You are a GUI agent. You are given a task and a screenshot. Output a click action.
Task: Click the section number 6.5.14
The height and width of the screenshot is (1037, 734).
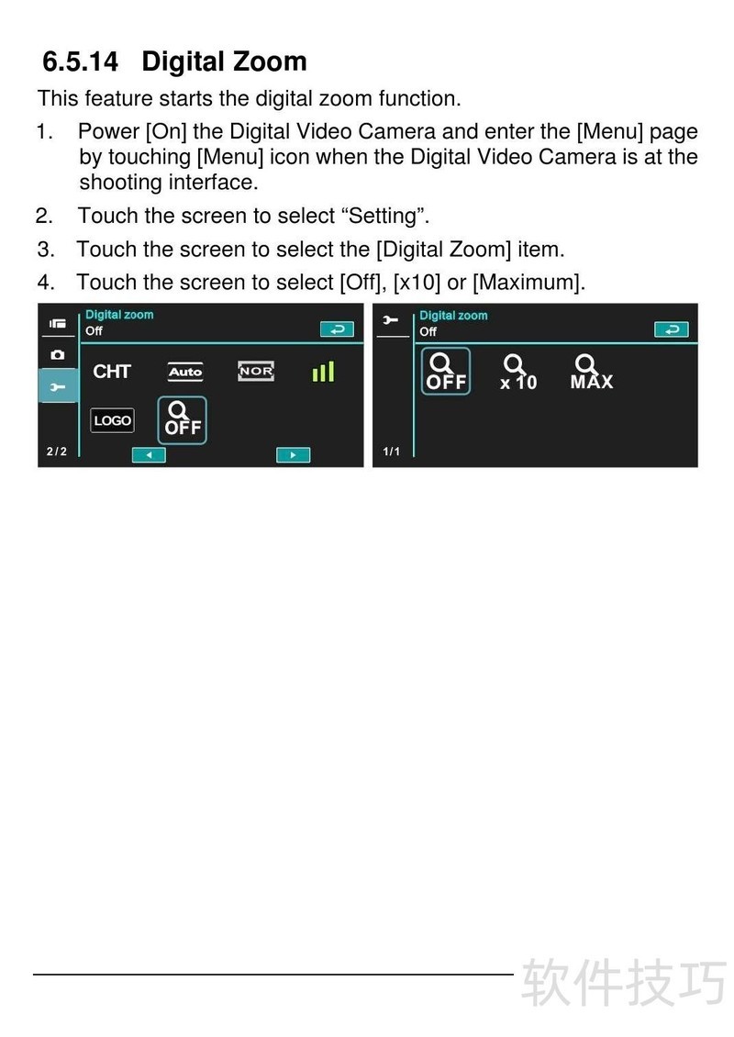[80, 61]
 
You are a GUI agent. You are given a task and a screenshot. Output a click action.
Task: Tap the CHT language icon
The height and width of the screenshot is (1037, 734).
[112, 371]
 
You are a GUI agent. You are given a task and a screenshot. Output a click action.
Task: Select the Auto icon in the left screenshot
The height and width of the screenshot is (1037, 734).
[185, 372]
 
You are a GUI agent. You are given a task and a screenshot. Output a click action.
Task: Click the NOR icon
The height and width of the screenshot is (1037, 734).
[256, 371]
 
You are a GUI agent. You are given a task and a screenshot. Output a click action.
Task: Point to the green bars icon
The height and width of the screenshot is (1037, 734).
[323, 372]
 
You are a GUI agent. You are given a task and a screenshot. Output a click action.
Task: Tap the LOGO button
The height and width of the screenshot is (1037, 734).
[113, 420]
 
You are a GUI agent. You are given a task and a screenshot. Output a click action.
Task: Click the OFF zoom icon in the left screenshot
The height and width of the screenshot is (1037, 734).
[182, 420]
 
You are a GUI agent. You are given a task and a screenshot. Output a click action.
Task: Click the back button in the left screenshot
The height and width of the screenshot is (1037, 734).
[338, 329]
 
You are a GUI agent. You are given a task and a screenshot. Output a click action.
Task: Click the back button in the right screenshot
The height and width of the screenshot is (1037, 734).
[672, 329]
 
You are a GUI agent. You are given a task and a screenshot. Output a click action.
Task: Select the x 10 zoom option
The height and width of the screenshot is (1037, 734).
[518, 373]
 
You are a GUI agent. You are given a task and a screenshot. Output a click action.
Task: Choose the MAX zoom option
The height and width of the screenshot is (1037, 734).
[592, 372]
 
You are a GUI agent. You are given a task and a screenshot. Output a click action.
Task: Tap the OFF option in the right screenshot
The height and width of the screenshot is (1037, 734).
[446, 371]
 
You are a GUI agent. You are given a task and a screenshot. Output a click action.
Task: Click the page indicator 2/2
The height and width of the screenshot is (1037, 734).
[57, 451]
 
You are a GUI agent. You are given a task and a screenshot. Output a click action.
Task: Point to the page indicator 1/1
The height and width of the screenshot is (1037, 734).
[392, 451]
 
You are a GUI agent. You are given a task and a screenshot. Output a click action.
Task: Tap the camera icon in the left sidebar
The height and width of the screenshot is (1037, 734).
[58, 354]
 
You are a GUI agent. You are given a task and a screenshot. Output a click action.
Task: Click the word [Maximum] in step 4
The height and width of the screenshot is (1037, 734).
[529, 283]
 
